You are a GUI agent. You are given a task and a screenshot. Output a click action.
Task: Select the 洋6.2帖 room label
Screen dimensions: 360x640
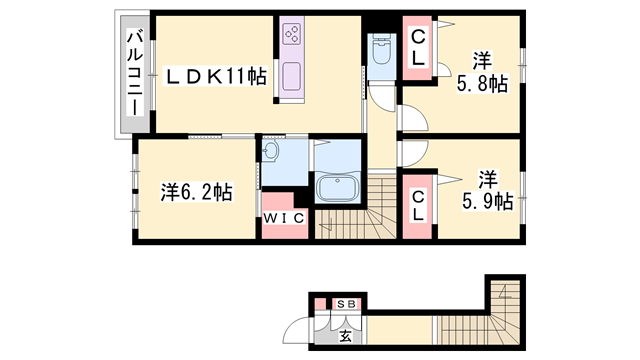click(197, 191)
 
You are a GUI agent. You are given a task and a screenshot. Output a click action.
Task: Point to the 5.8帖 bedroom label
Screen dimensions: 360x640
click(483, 71)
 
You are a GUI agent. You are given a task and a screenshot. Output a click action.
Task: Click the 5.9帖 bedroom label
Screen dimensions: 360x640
click(487, 191)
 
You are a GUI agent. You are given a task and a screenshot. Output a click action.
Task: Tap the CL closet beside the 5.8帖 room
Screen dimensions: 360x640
click(418, 48)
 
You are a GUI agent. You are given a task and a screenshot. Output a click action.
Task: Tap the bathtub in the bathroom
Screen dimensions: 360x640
click(338, 189)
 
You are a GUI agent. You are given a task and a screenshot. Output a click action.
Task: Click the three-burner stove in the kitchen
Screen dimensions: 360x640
click(293, 36)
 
